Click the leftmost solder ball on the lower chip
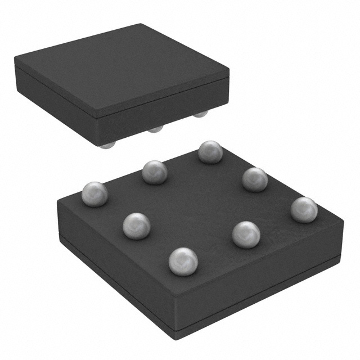94,194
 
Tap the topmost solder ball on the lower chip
210,152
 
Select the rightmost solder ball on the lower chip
304,209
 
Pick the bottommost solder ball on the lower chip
183,262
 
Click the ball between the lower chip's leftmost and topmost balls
154,172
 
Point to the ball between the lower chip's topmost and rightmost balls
255,179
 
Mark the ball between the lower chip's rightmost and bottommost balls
246,235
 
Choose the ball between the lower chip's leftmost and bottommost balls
136,226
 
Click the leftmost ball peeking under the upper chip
107,145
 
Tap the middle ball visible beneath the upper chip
155,129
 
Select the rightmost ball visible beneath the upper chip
200,115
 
